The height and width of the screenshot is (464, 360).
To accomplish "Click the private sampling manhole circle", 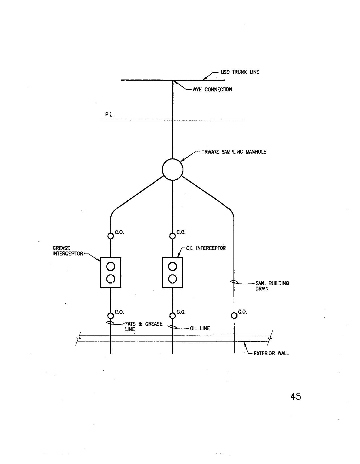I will click(x=172, y=169).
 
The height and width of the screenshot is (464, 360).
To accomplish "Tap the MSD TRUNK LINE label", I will click(x=240, y=72).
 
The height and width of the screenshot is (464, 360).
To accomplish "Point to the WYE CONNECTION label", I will click(x=212, y=89).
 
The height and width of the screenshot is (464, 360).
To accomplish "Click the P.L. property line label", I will click(x=109, y=115).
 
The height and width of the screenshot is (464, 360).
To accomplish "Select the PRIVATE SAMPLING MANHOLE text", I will click(x=234, y=152).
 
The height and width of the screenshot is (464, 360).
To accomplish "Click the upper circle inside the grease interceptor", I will click(x=111, y=266).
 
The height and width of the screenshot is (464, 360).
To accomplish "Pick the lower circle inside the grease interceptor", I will click(x=111, y=279).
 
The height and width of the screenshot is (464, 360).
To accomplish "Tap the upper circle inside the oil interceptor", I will click(x=172, y=266).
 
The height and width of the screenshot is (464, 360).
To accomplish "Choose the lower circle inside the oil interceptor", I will click(x=172, y=279).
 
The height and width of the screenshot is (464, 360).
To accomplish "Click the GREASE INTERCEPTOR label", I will click(x=68, y=251).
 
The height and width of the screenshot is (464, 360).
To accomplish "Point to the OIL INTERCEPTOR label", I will click(x=206, y=248).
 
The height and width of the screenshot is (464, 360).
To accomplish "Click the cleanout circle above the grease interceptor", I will click(x=111, y=236).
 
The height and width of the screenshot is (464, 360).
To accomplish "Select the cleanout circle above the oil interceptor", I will click(x=172, y=236).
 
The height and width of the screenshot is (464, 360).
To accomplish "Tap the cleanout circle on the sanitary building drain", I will click(x=234, y=315).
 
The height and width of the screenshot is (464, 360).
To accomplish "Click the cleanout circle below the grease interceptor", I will click(x=111, y=315).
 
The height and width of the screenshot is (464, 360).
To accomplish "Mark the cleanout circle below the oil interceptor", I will click(x=172, y=315).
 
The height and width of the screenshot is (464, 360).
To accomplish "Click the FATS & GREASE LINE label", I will click(x=144, y=326).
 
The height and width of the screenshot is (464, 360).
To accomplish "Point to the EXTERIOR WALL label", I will click(x=271, y=353).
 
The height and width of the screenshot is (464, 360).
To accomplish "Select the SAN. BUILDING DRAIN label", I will click(x=272, y=286).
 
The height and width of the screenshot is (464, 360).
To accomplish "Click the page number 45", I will click(x=296, y=396).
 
